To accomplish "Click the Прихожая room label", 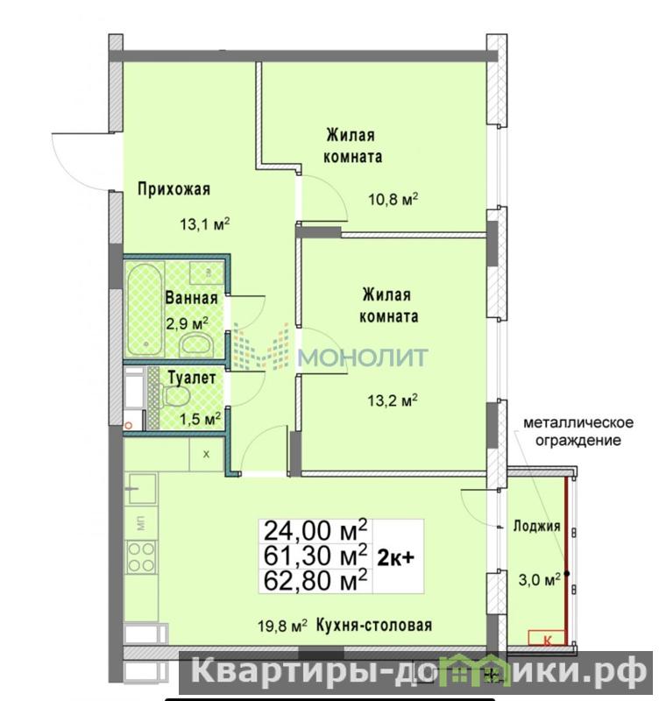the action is pyautogui.click(x=174, y=189).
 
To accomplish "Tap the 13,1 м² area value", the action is pyautogui.click(x=205, y=223).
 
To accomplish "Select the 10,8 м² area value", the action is pyautogui.click(x=393, y=199).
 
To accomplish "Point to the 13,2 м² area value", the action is pyautogui.click(x=393, y=400).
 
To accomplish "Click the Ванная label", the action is pyautogui.click(x=191, y=298).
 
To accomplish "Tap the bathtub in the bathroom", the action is pyautogui.click(x=145, y=309).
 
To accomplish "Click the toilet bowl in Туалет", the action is pyautogui.click(x=177, y=396).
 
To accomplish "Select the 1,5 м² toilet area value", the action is pyautogui.click(x=200, y=419).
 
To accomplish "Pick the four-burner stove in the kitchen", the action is pyautogui.click(x=142, y=556).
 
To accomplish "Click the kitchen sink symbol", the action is pyautogui.click(x=142, y=488).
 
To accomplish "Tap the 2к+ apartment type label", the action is pyautogui.click(x=396, y=558).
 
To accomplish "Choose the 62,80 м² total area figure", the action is pyautogui.click(x=315, y=580).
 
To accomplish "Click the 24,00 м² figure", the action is pyautogui.click(x=315, y=531).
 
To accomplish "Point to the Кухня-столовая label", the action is pyautogui.click(x=374, y=625).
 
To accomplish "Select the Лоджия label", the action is pyautogui.click(x=536, y=526).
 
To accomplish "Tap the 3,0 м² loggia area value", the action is pyautogui.click(x=539, y=579).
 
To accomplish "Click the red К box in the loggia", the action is pyautogui.click(x=546, y=638).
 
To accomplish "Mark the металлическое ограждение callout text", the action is pyautogui.click(x=578, y=431).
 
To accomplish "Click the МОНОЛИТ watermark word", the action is pyautogui.click(x=363, y=357).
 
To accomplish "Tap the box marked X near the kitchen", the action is pyautogui.click(x=206, y=454).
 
